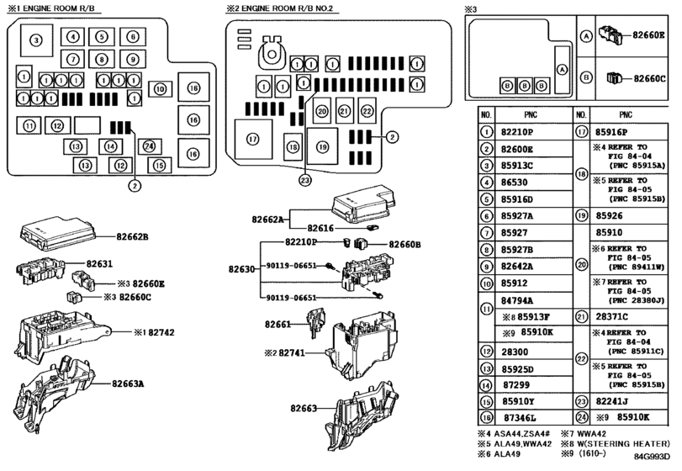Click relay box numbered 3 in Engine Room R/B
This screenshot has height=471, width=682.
(36, 40)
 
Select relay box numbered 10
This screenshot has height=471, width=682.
(160, 89)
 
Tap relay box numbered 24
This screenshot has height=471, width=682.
(149, 146)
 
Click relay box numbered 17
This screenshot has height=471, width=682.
(253, 139)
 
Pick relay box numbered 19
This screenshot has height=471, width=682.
(322, 146)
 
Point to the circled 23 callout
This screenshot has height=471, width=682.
(305, 180)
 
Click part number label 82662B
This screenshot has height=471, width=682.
(132, 237)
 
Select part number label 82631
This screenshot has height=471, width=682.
(99, 263)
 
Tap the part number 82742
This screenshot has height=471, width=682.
(161, 333)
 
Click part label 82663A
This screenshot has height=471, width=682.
(128, 384)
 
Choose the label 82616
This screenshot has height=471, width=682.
(320, 228)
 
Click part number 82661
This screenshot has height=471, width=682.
(278, 324)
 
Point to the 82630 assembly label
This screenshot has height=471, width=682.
(242, 269)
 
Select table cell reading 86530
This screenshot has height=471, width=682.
(514, 183)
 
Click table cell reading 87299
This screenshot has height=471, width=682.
(516, 385)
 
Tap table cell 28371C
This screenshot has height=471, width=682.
(611, 316)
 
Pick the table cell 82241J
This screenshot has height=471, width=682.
(611, 401)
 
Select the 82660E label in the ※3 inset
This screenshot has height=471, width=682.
(648, 34)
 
